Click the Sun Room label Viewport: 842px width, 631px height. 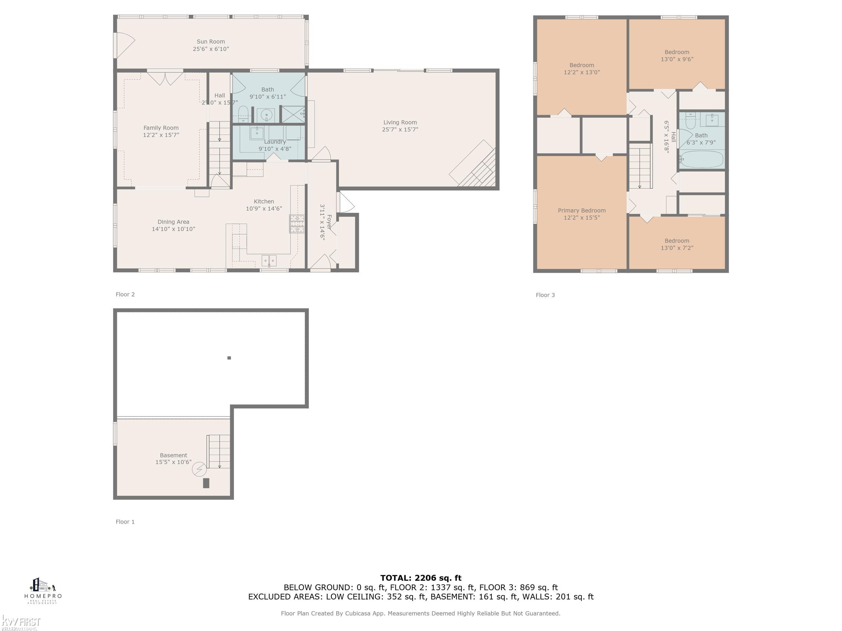(210, 41)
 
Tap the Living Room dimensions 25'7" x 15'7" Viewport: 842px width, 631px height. (400, 129)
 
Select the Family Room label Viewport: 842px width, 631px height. (161, 128)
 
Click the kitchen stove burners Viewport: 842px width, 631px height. (297, 224)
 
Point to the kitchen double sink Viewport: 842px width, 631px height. (269, 260)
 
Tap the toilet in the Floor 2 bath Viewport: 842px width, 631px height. (243, 113)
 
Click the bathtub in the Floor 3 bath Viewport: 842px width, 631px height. (702, 160)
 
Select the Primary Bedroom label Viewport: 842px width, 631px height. (581, 210)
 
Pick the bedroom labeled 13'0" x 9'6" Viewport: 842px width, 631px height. (676, 56)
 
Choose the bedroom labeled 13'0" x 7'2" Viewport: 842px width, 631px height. (676, 244)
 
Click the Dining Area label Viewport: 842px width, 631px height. (173, 222)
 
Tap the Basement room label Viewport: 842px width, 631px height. (173, 455)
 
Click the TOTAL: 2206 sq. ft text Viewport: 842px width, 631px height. (421, 578)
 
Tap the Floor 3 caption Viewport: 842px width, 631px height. (545, 295)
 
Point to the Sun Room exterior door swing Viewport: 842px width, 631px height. (125, 45)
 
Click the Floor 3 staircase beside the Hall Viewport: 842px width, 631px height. (640, 166)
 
